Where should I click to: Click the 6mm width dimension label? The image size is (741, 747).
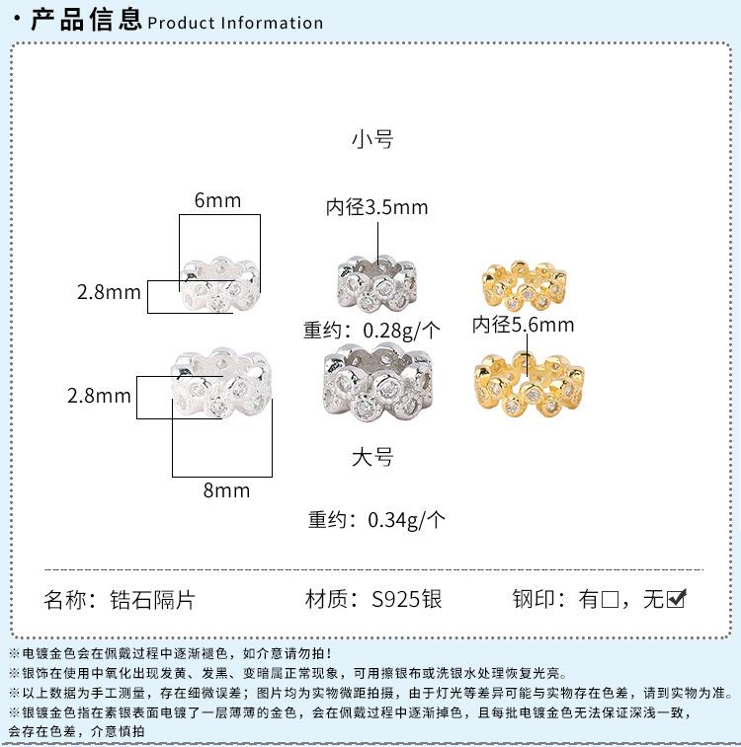point(217,200)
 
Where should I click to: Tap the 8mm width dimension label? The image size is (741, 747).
point(226,490)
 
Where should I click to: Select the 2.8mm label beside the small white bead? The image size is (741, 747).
point(109,292)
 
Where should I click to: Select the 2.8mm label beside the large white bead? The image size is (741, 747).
point(99,396)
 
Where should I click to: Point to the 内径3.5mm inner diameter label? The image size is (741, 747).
point(377,208)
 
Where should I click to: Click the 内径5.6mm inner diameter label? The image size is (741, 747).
point(523,324)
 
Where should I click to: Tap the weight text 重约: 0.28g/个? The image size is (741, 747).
point(372,330)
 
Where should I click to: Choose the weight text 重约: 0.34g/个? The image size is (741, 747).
point(376,519)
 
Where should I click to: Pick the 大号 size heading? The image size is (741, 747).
point(372,457)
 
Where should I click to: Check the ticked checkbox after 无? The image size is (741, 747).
point(677,598)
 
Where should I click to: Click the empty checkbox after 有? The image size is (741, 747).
point(610,599)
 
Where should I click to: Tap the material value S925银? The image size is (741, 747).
point(406,599)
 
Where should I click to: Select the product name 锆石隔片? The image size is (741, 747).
point(161,599)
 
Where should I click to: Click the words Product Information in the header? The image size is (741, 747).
point(235,23)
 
